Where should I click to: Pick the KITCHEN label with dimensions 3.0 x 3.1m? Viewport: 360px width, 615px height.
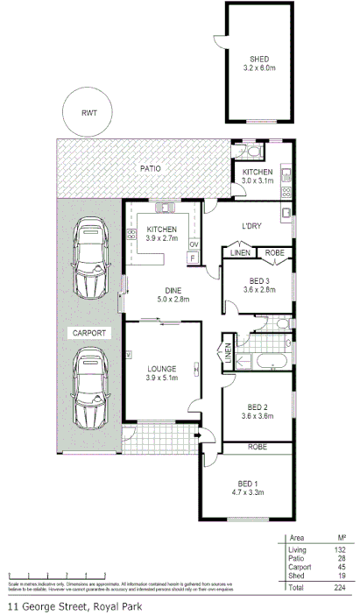click(x=258, y=172)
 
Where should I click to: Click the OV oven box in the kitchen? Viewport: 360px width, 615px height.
click(x=194, y=244)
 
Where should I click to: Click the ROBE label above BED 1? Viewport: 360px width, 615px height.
click(x=257, y=448)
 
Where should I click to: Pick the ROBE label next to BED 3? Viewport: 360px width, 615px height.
click(x=274, y=253)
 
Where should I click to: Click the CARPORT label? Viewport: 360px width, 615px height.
click(x=88, y=333)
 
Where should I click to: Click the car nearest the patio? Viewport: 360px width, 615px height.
click(x=88, y=258)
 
